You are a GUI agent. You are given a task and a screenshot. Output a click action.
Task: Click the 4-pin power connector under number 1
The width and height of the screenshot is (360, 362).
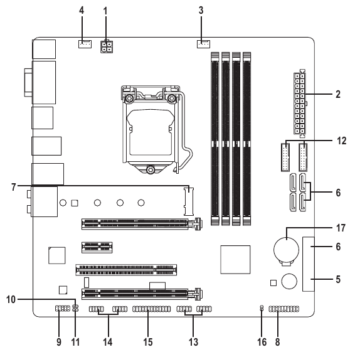point(105,48)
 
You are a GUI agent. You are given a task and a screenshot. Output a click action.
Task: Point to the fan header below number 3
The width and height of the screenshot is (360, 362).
point(202,44)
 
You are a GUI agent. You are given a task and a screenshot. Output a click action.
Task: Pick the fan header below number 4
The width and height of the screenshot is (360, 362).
point(83,45)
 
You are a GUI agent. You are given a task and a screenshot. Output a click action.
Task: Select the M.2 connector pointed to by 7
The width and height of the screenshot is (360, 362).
point(188,201)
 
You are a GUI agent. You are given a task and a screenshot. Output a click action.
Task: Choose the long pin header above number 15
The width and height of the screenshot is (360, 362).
point(151,309)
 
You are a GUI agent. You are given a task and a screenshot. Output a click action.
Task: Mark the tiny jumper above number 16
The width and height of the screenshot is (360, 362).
point(261,309)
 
